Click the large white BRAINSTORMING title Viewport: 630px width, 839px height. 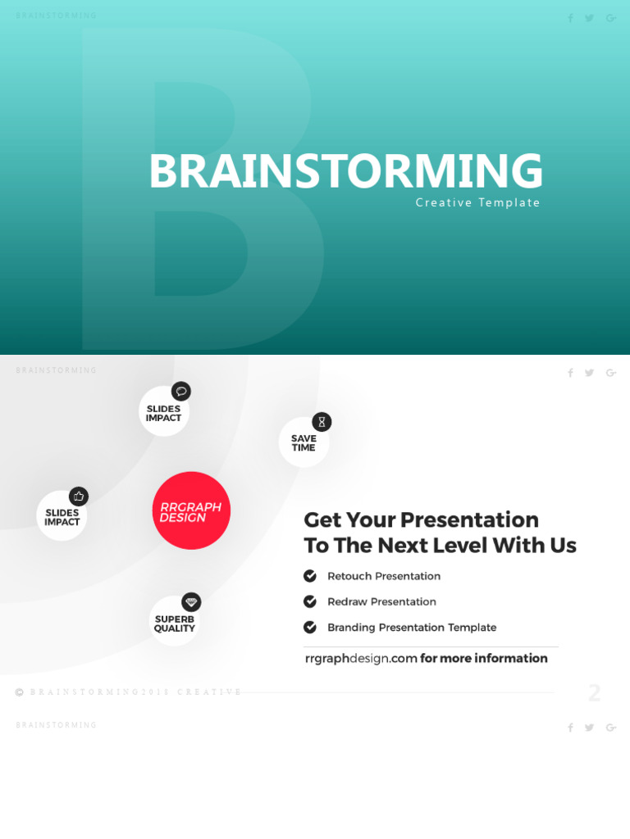[345, 171]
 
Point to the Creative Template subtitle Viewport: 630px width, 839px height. [477, 202]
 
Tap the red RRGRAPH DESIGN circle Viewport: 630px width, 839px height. [191, 510]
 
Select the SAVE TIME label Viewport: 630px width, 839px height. [304, 443]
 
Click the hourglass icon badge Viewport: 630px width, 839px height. [322, 422]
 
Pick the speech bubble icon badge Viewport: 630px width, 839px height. [181, 392]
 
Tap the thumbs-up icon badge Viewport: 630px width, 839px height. [79, 497]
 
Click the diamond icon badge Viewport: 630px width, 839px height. [191, 602]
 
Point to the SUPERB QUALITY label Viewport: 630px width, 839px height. [174, 624]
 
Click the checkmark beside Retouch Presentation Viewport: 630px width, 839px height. [310, 576]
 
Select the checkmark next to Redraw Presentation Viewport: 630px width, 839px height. [310, 601]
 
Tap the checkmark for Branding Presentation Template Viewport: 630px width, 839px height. [310, 628]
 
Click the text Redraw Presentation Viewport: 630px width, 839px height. [381, 601]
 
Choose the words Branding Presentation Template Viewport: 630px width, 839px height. [412, 628]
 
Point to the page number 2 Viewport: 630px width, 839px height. [595, 693]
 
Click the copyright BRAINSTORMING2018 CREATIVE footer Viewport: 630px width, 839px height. [129, 692]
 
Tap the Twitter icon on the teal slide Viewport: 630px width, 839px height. [589, 18]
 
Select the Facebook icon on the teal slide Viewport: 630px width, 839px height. [570, 18]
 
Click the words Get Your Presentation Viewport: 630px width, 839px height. [421, 520]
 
